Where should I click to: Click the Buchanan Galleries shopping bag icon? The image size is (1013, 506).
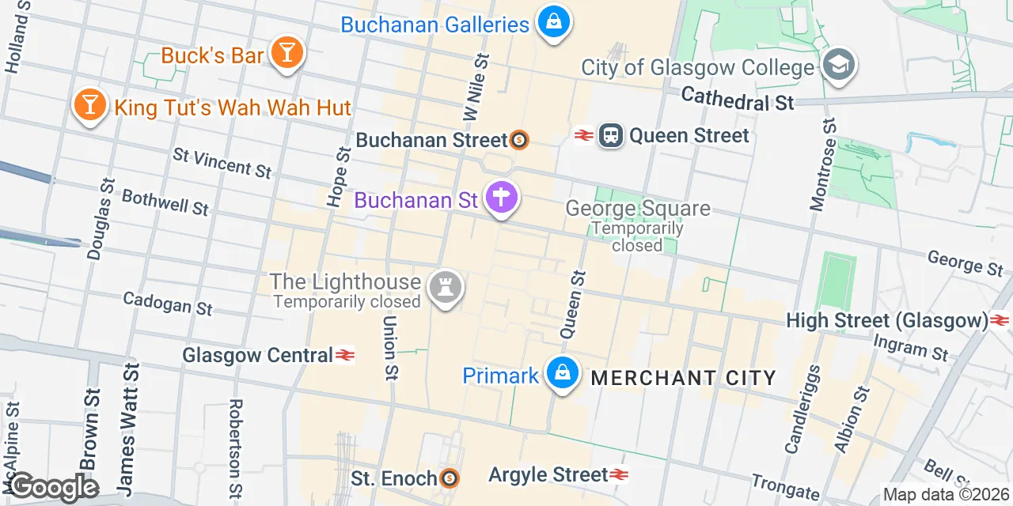click(x=553, y=22)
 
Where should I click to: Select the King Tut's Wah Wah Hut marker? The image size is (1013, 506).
click(x=89, y=105)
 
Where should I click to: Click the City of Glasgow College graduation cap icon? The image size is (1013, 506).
click(x=838, y=66)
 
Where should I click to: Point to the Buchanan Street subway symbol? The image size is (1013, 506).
click(x=520, y=140)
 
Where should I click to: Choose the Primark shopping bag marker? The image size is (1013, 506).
click(x=562, y=373)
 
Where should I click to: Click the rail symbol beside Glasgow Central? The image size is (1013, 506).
click(x=345, y=355)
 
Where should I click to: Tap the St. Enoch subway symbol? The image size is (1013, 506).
click(x=449, y=478)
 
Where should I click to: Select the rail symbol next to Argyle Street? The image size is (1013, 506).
click(x=620, y=474)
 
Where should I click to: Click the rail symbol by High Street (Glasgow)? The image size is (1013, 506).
click(x=1000, y=320)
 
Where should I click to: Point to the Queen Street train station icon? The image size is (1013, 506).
click(x=610, y=135)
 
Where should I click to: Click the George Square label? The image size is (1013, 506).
click(x=637, y=209)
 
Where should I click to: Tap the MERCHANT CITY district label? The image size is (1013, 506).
click(x=684, y=378)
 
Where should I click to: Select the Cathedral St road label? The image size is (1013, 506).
click(x=737, y=100)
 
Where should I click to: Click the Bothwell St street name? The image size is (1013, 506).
click(x=165, y=202)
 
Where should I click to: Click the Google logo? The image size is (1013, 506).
click(x=53, y=488)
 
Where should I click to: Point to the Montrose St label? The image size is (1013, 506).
click(x=823, y=164)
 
